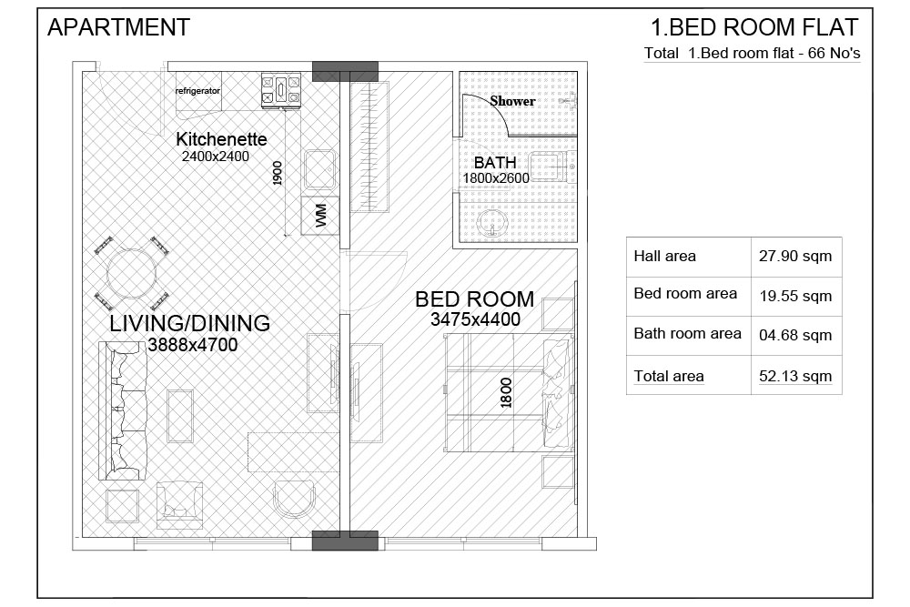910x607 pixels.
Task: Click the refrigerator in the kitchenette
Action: (x=198, y=90)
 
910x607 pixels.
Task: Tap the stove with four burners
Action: (x=281, y=90)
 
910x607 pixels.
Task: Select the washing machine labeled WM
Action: (x=319, y=216)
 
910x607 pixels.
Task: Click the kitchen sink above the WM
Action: (x=319, y=170)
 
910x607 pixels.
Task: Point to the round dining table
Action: (x=132, y=273)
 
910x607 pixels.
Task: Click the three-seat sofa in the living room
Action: (x=123, y=410)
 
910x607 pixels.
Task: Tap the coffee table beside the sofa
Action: (x=180, y=416)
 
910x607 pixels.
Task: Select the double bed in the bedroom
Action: (x=509, y=393)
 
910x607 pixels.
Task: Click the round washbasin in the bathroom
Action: (x=492, y=223)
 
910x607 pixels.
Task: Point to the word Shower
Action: (x=512, y=101)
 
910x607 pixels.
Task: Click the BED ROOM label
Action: (x=475, y=299)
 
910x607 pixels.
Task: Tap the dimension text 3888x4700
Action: (x=193, y=345)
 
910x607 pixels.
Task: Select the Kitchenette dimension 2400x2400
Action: (x=216, y=157)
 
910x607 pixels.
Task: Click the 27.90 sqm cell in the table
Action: (x=795, y=256)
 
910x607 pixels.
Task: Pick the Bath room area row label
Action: (x=687, y=334)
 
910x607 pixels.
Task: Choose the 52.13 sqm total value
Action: (x=795, y=376)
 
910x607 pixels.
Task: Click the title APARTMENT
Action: (x=119, y=27)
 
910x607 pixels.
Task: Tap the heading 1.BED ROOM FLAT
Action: (x=754, y=27)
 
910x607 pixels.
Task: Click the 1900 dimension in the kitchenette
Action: (x=277, y=174)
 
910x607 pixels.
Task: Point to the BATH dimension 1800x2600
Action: (x=496, y=178)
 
